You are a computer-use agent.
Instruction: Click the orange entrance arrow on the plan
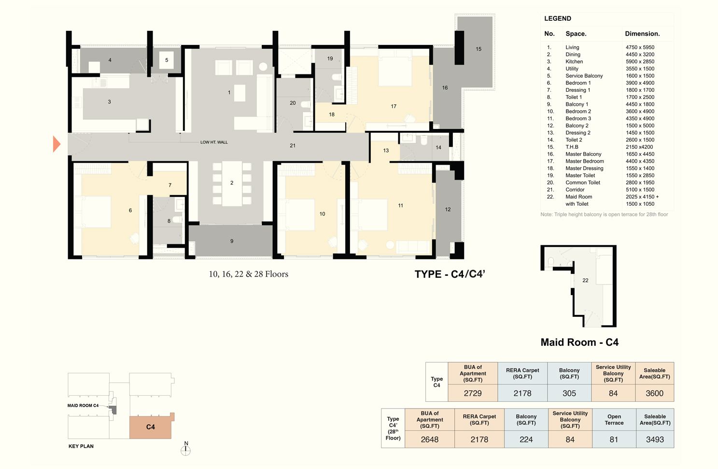(x=56, y=144)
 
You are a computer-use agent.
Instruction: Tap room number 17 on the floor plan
(x=394, y=106)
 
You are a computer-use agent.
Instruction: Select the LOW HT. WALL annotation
(x=214, y=142)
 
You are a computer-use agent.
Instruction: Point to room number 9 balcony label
(x=232, y=241)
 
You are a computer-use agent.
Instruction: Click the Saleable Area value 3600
(x=655, y=393)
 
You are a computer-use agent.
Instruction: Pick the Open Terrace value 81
(x=614, y=439)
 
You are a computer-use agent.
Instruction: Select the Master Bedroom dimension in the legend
(x=640, y=161)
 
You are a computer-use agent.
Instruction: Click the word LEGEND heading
(x=557, y=18)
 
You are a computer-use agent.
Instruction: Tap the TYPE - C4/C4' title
(x=450, y=274)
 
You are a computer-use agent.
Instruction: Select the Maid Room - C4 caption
(x=579, y=342)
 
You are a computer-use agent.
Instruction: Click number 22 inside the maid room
(x=585, y=281)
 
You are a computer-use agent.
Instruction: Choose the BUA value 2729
(x=473, y=393)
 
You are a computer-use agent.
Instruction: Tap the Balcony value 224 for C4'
(x=526, y=439)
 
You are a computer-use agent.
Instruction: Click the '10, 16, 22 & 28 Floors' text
(x=248, y=274)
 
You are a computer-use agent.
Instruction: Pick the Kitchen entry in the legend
(x=574, y=61)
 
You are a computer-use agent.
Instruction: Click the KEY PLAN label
(x=81, y=446)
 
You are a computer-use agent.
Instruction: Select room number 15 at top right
(x=478, y=49)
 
